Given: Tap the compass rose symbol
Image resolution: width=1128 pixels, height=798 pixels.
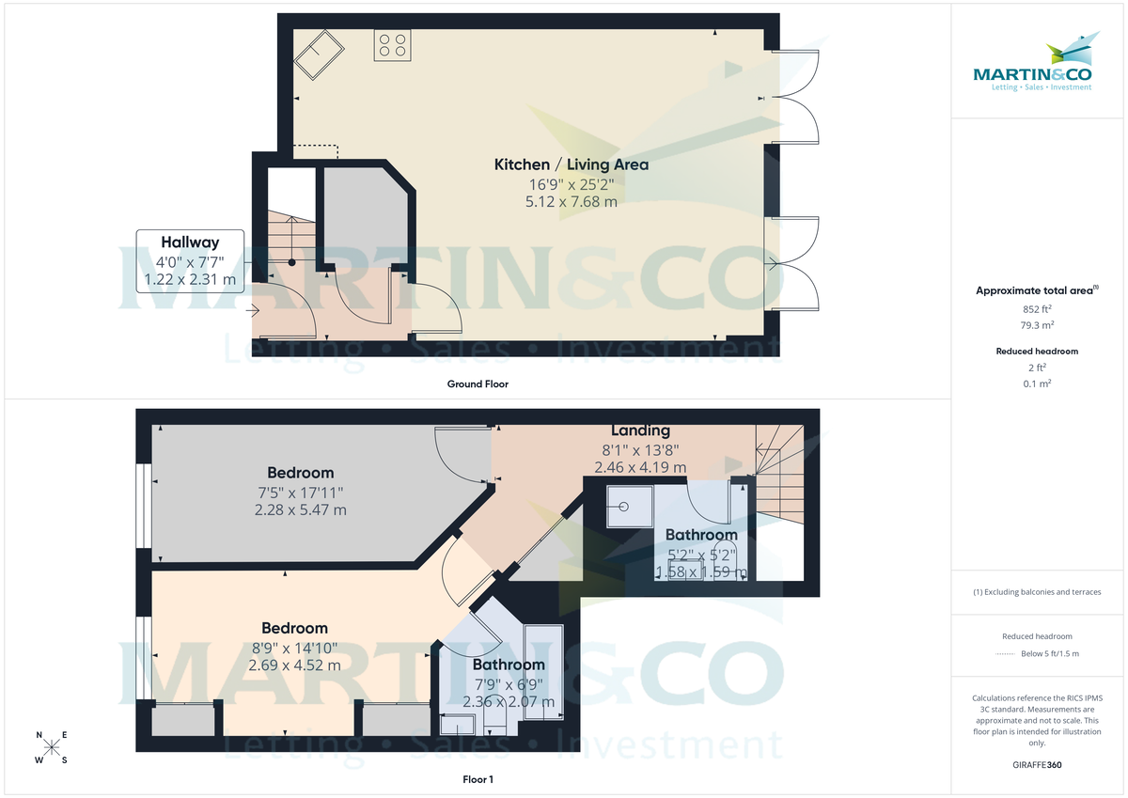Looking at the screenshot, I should [52, 747].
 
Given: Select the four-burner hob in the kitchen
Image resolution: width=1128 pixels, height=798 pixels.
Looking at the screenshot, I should [391, 45].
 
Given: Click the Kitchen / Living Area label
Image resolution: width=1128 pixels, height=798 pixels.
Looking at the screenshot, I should [571, 164].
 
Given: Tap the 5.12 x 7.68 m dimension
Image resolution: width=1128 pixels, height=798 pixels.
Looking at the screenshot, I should [571, 201].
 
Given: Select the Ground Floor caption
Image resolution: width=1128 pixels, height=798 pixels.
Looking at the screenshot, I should [478, 383].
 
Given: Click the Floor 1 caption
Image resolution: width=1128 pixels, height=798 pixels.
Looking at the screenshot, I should [478, 779].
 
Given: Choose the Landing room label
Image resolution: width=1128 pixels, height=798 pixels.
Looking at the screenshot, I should [640, 430].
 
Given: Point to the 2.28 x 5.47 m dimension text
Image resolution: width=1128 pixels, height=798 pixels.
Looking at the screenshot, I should [300, 510].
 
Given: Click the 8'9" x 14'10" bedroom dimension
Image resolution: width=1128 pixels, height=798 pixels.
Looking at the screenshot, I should [294, 647].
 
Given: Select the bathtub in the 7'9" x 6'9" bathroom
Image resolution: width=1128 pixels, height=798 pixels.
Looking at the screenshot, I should [543, 672].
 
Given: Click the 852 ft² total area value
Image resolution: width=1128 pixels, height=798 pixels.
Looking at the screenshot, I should [1037, 308].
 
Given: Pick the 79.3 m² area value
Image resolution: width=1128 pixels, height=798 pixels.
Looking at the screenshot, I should [1037, 325].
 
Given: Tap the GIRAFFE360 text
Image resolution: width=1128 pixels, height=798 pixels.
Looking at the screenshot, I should [1037, 765].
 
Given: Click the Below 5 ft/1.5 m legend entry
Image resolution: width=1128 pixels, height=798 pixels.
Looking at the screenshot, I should [1049, 654].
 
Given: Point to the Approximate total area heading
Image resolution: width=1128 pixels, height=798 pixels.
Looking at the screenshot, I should [1034, 290].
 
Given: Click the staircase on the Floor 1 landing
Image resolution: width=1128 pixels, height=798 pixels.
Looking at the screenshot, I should [780, 465].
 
